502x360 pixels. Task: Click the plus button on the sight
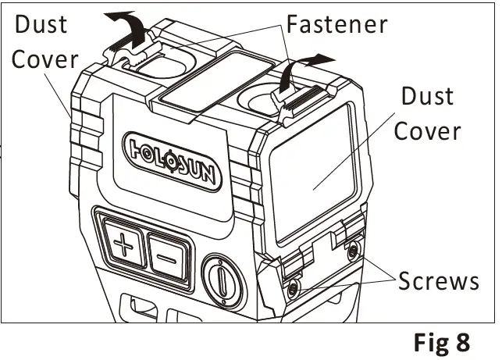[123, 247]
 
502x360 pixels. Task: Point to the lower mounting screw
[292, 289]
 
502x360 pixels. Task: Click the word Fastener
[336, 24]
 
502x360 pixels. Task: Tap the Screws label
[438, 280]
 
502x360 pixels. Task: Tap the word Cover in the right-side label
[427, 130]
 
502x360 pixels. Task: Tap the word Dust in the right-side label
[426, 97]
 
